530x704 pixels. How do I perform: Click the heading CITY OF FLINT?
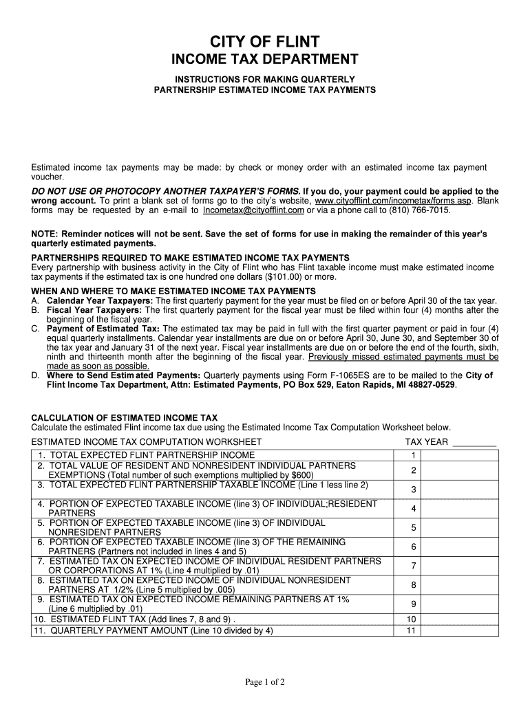pos(264,41)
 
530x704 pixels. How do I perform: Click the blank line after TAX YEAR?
pos(474,442)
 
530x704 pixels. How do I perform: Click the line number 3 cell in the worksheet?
pos(414,489)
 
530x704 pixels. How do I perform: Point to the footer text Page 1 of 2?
pos(265,682)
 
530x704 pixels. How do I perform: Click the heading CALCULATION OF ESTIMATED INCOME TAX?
pos(125,417)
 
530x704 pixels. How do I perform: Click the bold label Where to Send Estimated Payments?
pos(124,375)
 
